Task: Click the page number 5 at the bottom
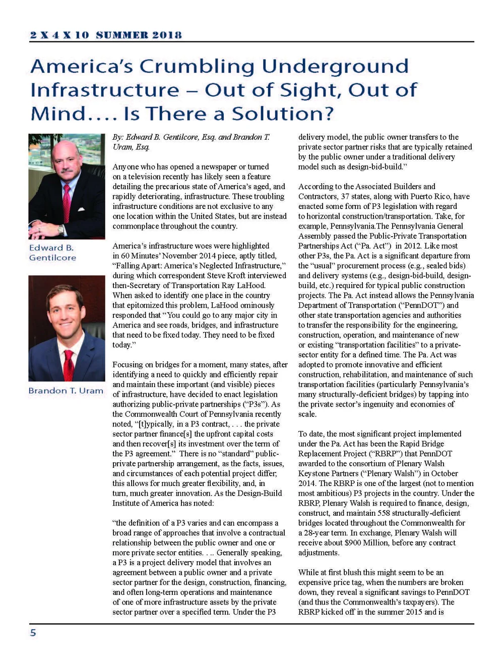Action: coord(33,632)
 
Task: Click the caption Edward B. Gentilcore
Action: coord(52,252)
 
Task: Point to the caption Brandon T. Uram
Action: coord(66,391)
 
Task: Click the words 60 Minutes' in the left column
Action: coord(142,256)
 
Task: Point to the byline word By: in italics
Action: coord(118,137)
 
